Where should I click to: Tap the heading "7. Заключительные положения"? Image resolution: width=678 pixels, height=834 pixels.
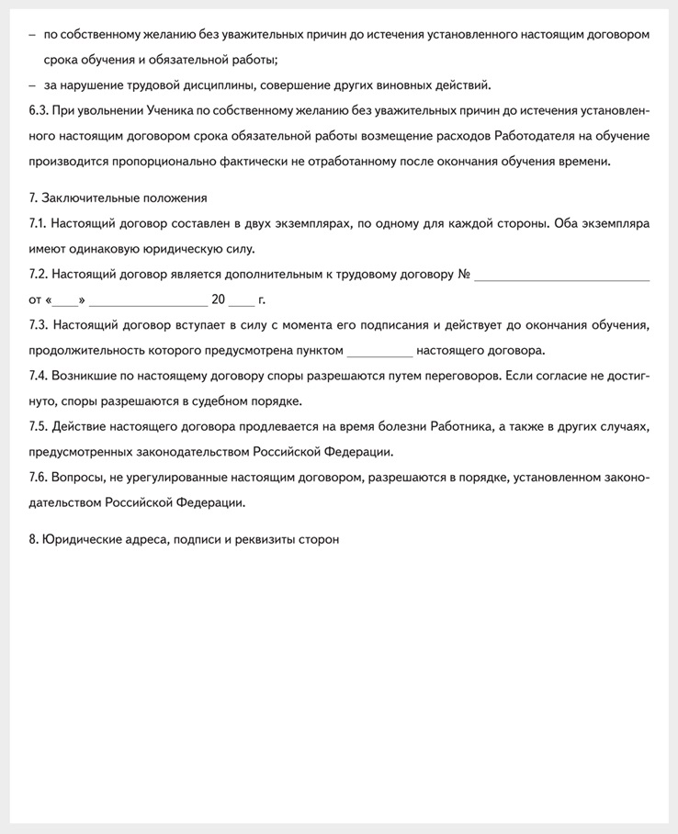(x=118, y=197)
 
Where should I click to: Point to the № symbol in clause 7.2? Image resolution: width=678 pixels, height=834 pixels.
(x=464, y=274)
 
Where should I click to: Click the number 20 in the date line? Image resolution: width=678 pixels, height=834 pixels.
(x=219, y=299)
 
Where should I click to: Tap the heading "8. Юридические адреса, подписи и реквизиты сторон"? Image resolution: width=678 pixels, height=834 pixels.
(x=184, y=539)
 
